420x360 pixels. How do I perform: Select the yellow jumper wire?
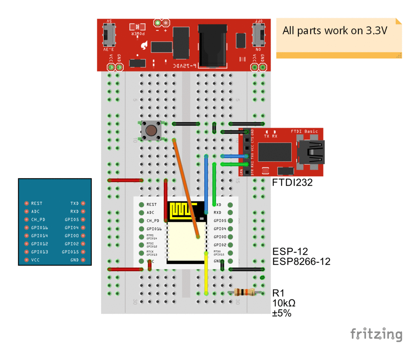[206, 273]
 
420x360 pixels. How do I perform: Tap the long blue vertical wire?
[206, 182]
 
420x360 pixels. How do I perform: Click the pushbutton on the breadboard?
[151, 131]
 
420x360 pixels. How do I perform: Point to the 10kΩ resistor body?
[244, 292]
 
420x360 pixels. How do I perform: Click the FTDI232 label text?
[292, 183]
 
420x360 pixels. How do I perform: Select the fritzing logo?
[376, 334]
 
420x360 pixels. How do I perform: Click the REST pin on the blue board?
[27, 204]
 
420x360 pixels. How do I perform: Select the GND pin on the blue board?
[83, 260]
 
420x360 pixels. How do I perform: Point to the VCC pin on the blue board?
[27, 260]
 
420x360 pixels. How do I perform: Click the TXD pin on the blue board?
[83, 204]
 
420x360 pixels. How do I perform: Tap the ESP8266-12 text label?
[301, 262]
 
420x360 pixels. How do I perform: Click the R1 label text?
[278, 293]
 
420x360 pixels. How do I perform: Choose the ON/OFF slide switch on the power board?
[260, 36]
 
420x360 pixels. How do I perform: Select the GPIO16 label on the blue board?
[39, 228]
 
